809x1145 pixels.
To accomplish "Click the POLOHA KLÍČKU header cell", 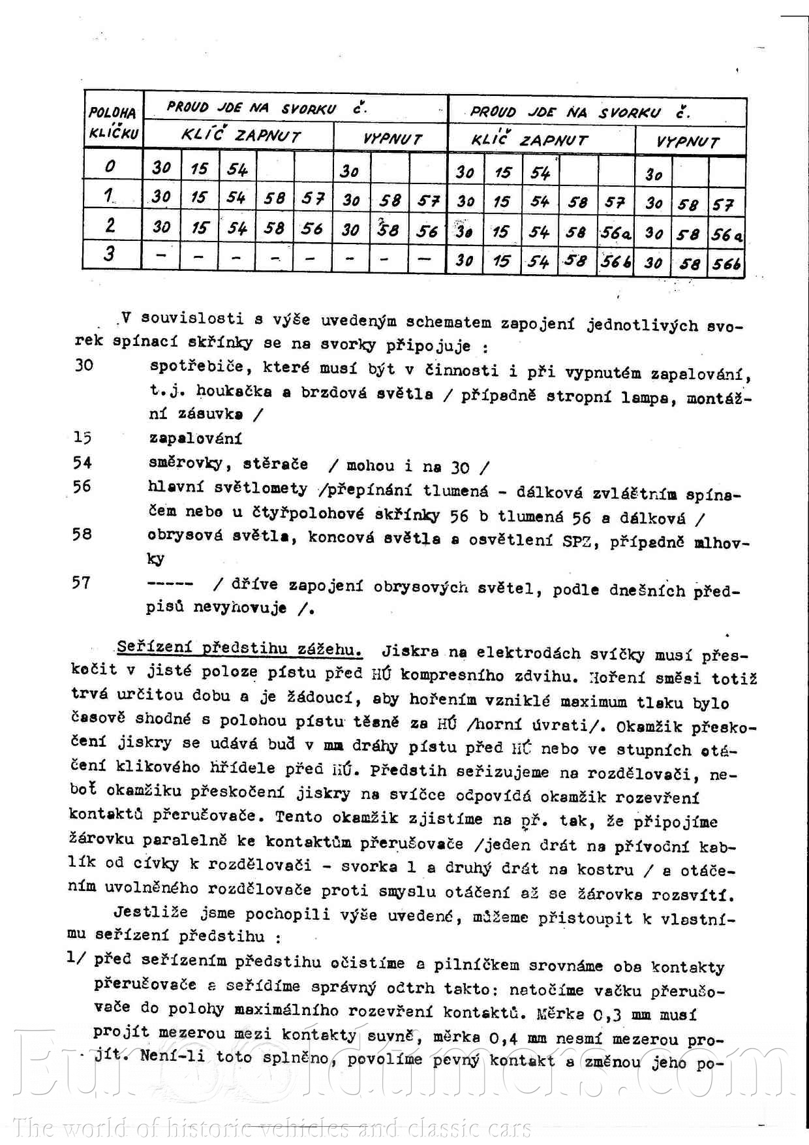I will click(113, 122).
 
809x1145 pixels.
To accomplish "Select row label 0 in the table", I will click(110, 166).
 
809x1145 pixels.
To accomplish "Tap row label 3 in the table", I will click(109, 253).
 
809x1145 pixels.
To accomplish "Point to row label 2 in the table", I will click(110, 225).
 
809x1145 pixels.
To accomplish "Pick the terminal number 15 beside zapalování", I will click(83, 438).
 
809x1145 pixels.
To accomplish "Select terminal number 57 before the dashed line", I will click(82, 582).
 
